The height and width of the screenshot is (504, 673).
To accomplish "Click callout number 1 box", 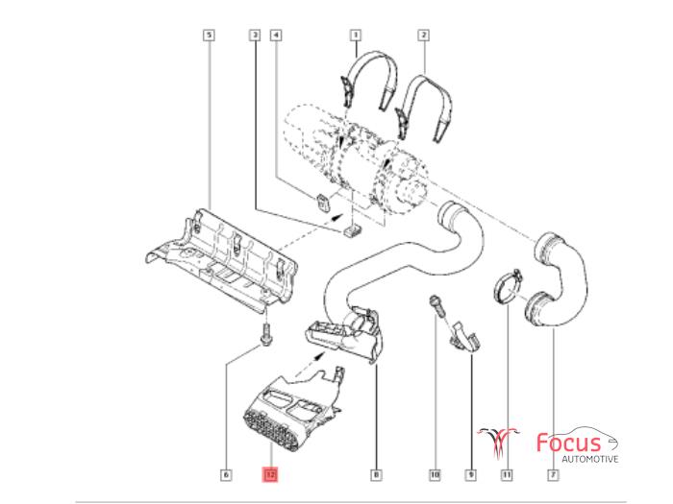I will coord(355,36).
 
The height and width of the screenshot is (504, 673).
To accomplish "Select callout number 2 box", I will coord(423,36).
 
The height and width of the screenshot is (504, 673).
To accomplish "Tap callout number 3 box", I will coord(254,36).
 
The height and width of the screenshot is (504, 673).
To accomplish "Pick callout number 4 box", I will coord(277,36).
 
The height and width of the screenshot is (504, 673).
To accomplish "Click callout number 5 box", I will coord(209,36).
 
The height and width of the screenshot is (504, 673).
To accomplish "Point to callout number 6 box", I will coord(226,473).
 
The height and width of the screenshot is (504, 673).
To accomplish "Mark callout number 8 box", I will coord(376,473).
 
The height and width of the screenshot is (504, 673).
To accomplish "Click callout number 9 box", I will coord(470,473).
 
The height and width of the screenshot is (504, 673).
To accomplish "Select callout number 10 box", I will coord(435,473).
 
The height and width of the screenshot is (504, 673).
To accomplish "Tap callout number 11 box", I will coord(506,473).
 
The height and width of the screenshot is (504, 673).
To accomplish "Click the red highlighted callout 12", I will coord(270,473).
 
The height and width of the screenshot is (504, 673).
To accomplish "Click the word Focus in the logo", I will coord(567,444).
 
